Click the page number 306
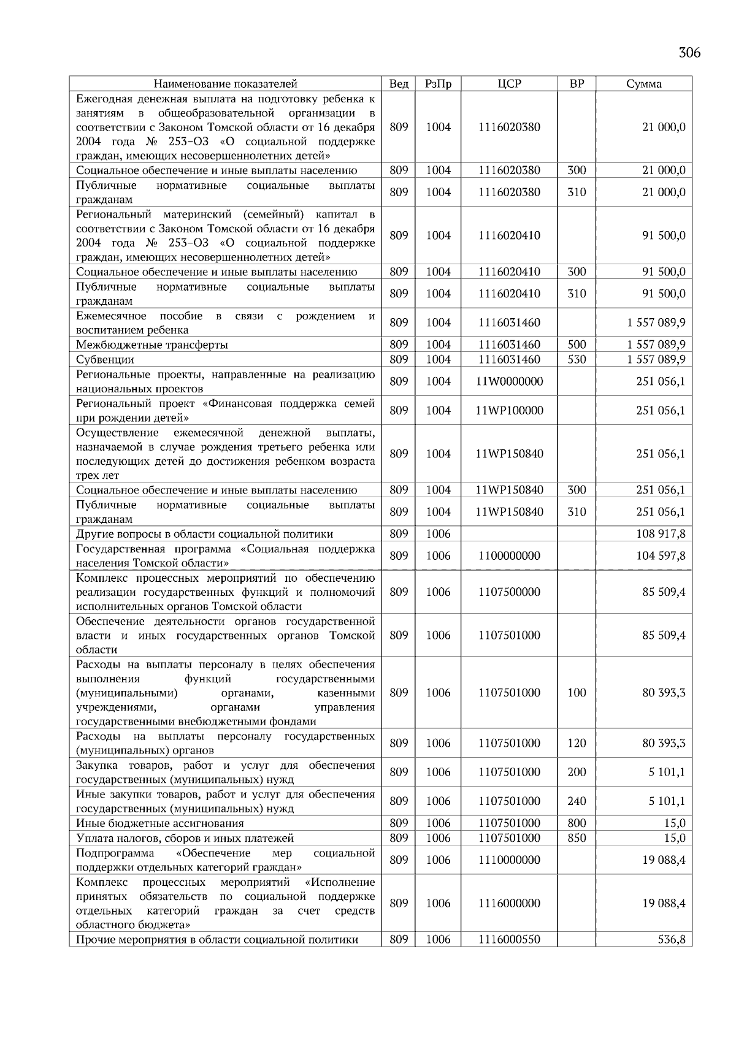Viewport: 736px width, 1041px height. point(689,53)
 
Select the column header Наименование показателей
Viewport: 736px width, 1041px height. point(225,84)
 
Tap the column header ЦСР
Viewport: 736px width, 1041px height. point(509,84)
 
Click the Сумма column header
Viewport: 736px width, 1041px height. point(643,84)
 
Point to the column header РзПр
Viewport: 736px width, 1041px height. point(438,84)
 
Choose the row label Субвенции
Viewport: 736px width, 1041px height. point(105,360)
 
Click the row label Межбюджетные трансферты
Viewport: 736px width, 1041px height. point(152,345)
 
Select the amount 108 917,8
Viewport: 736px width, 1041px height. point(661,534)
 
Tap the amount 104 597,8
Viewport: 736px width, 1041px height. point(661,556)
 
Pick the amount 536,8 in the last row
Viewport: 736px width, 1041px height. point(672,939)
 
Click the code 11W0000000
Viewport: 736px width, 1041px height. point(509,381)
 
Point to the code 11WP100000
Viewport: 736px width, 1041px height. point(509,411)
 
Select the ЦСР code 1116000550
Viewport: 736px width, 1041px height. point(509,939)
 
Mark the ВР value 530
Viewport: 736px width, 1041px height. point(577,360)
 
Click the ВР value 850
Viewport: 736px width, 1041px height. point(577,838)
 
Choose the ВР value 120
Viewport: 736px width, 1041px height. point(577,744)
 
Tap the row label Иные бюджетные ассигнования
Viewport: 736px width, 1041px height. point(160,823)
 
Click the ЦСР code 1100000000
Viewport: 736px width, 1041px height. point(509,556)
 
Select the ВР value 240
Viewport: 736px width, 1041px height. point(577,801)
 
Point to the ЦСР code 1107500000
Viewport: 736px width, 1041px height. point(509,592)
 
